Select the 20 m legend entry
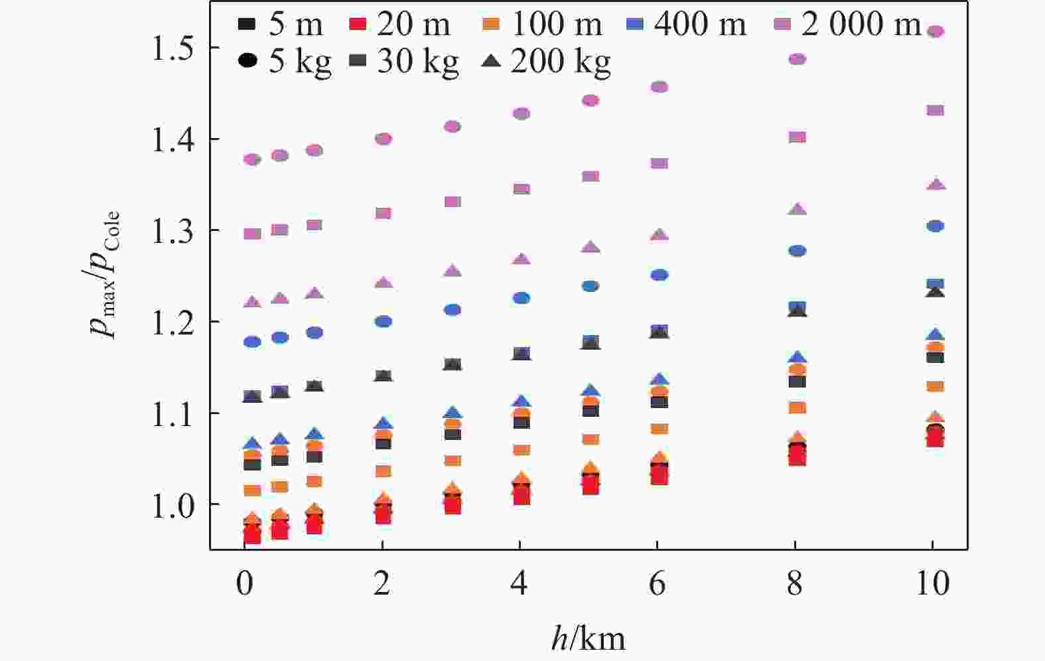399,25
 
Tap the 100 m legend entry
541,25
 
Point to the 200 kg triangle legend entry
544,62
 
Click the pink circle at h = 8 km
797,59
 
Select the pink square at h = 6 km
659,163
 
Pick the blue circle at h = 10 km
935,226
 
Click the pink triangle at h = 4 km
522,259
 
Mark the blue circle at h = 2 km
383,322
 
